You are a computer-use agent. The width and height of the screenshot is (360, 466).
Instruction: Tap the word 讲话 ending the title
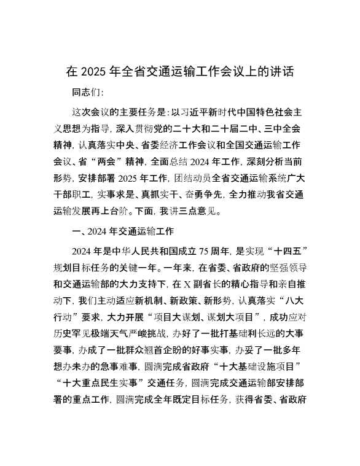(x=282, y=72)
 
